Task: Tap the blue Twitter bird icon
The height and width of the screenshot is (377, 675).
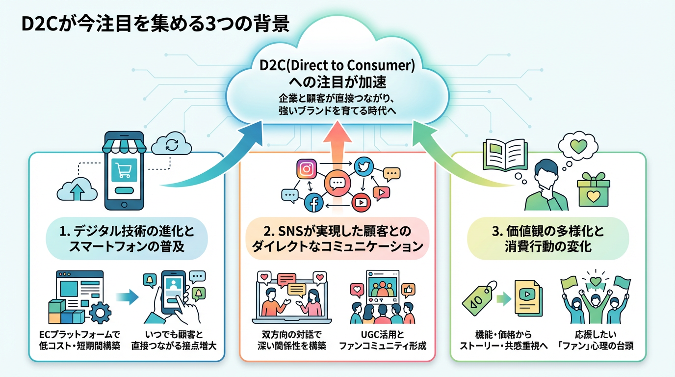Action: pyautogui.click(x=363, y=167)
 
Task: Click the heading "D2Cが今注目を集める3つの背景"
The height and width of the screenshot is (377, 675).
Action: pyautogui.click(x=156, y=24)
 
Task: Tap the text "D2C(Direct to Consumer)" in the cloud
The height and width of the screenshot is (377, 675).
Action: pyautogui.click(x=337, y=66)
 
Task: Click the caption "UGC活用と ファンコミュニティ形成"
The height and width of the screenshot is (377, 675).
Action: pyautogui.click(x=383, y=340)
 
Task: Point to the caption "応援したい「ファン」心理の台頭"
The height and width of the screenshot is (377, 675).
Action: pyautogui.click(x=596, y=340)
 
